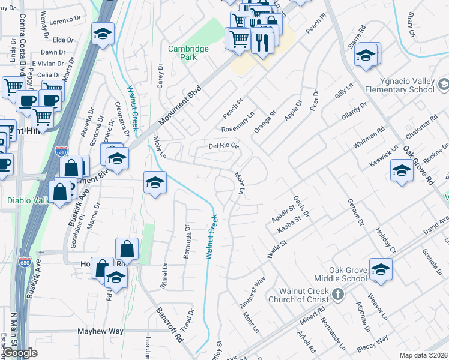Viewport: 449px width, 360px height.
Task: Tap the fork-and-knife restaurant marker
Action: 262,41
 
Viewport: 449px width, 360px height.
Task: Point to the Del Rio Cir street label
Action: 223,145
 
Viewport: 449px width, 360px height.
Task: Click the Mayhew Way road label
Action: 100,331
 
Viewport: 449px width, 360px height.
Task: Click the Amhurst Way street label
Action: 253,292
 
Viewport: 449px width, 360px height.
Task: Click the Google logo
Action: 20,353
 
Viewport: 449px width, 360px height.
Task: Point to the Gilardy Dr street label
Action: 354,114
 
